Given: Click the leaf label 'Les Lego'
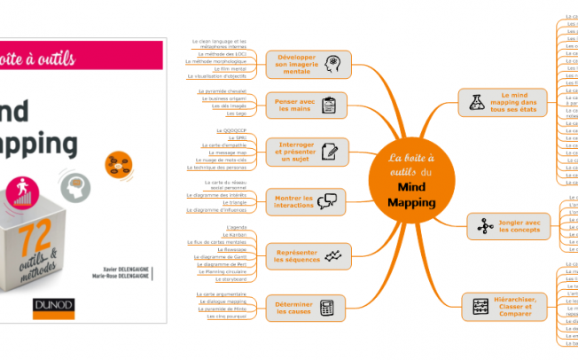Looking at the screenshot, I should click(238, 113).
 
